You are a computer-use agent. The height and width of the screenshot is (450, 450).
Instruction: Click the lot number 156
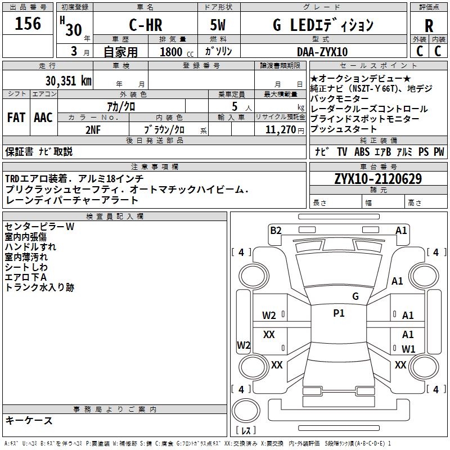click(x=28, y=24)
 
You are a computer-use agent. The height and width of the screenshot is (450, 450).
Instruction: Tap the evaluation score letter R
click(x=429, y=26)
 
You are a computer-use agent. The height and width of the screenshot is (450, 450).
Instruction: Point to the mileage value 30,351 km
click(x=69, y=80)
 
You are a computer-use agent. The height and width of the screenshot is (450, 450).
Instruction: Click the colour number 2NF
click(x=93, y=129)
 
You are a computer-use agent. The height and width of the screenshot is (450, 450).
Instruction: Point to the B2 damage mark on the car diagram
click(x=275, y=230)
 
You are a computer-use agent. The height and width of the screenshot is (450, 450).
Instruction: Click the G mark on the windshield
click(x=355, y=296)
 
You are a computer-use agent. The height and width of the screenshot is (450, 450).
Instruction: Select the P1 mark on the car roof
click(x=339, y=313)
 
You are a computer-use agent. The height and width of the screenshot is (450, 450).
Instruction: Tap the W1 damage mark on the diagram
click(x=408, y=349)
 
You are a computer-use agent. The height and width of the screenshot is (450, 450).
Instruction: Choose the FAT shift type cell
click(x=16, y=118)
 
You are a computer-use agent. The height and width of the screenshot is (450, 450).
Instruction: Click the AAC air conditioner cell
click(x=43, y=118)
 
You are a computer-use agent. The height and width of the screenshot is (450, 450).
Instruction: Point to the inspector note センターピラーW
click(x=39, y=227)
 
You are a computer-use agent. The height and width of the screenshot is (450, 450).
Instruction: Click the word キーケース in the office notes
click(x=29, y=420)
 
